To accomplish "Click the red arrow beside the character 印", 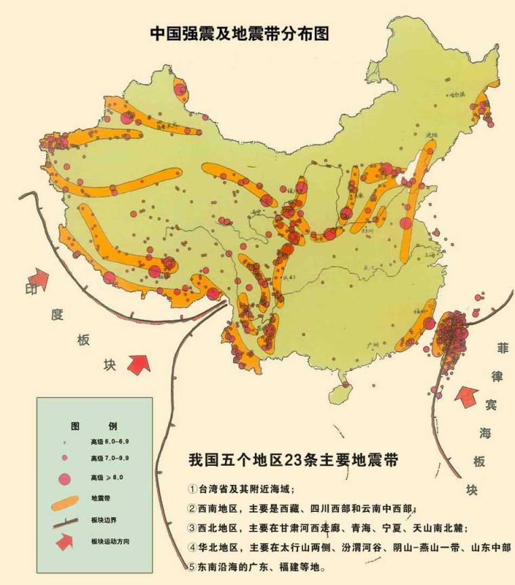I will (39, 277).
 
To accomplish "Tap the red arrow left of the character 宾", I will (468, 396).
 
